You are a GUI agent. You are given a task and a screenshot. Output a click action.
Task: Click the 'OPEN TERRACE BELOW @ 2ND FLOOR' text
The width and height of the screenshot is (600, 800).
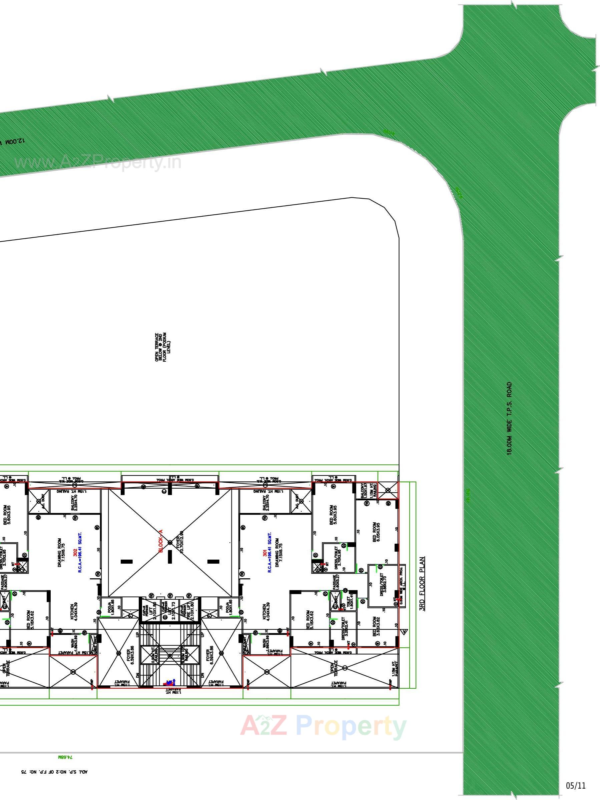(163, 348)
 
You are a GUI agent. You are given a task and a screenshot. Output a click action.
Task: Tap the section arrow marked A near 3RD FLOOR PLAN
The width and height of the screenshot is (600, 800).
(405, 631)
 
